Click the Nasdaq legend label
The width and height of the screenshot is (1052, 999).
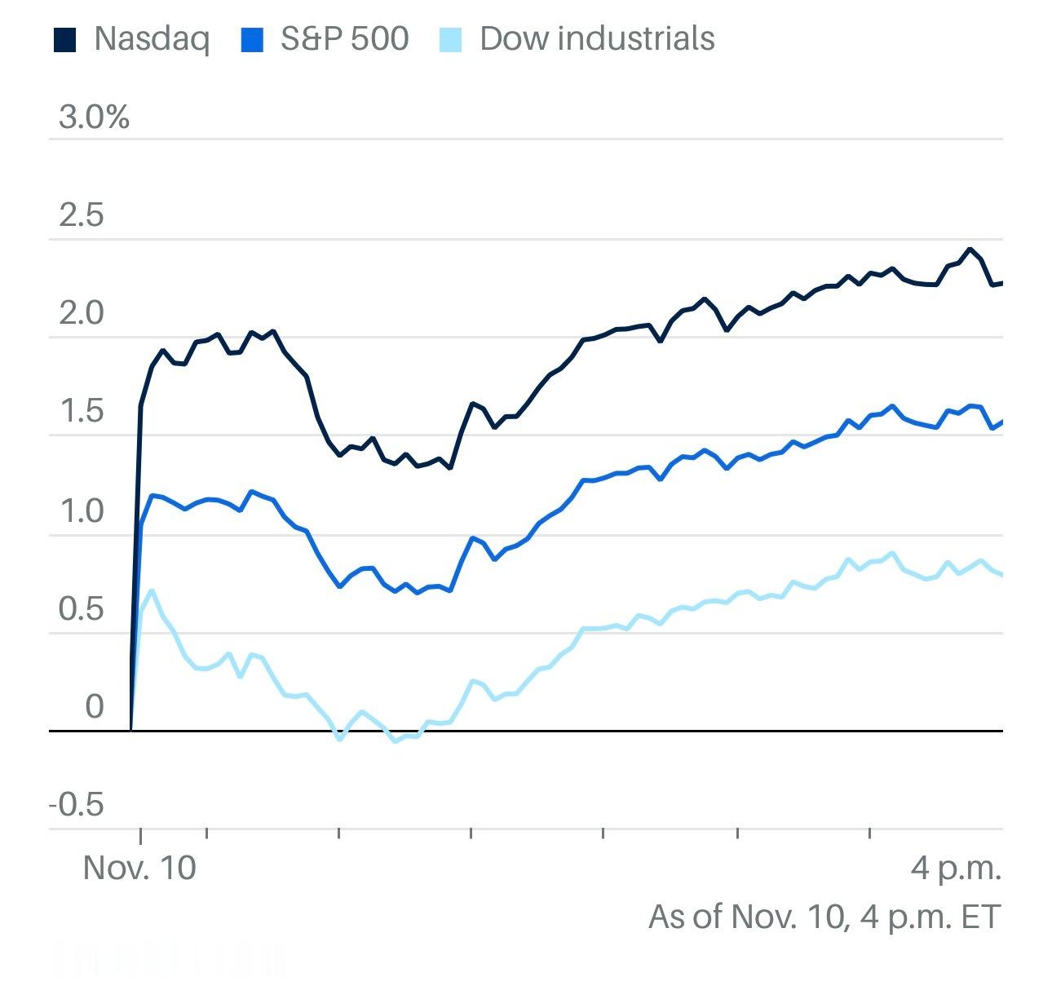(152, 38)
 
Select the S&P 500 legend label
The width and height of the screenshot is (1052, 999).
(344, 38)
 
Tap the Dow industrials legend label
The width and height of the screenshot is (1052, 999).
(597, 38)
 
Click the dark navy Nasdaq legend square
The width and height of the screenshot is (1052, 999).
(64, 39)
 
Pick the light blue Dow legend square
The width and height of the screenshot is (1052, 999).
(450, 39)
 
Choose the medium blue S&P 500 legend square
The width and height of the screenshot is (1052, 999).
(253, 39)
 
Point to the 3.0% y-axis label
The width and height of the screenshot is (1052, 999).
(94, 117)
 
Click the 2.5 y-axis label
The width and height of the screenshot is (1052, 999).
(82, 215)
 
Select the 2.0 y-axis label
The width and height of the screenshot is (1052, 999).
(82, 314)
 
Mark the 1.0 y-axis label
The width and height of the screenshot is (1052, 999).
(82, 511)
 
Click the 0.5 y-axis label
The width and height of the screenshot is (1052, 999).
(82, 609)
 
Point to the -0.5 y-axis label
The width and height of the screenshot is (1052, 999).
(77, 806)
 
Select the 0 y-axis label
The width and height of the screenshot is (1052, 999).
(95, 707)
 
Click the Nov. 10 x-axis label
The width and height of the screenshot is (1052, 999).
(139, 868)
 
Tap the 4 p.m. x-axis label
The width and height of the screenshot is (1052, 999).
(956, 868)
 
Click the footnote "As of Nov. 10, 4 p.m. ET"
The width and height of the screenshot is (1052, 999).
(824, 917)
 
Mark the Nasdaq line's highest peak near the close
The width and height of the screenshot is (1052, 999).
(970, 250)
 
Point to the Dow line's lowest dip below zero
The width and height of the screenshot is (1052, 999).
(396, 741)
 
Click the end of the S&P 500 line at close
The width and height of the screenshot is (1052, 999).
(1001, 422)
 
